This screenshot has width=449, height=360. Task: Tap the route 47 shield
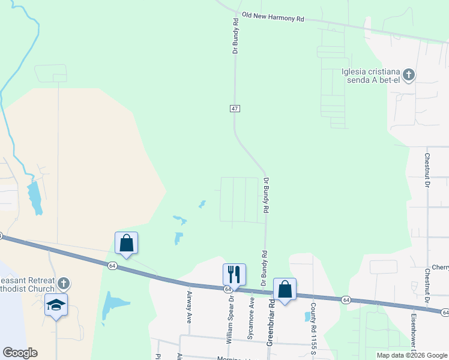click(235, 108)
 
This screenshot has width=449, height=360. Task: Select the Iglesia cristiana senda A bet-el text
click(370, 76)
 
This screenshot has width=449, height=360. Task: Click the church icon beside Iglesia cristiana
click(409, 75)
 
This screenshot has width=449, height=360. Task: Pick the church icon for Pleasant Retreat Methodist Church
click(64, 283)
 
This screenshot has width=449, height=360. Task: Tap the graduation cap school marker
click(56, 305)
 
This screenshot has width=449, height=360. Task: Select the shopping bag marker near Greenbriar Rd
click(285, 290)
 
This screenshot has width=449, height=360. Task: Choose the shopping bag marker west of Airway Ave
click(126, 243)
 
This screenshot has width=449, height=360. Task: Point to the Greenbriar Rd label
click(271, 321)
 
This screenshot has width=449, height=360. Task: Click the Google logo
click(20, 352)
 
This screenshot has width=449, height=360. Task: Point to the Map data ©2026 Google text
click(411, 355)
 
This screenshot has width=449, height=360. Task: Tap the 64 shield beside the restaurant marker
click(228, 289)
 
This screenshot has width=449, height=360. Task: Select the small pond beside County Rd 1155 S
click(307, 316)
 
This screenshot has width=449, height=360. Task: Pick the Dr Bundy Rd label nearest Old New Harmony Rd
click(236, 36)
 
